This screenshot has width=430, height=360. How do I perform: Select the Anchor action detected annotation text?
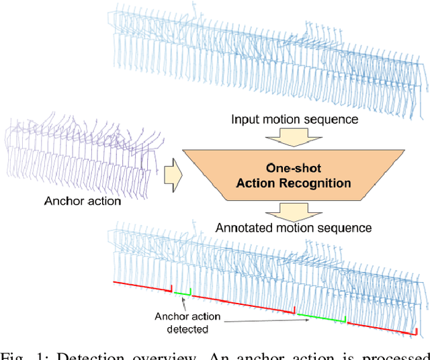pos(182,323)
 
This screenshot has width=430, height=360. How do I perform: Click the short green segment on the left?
pos(182,293)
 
